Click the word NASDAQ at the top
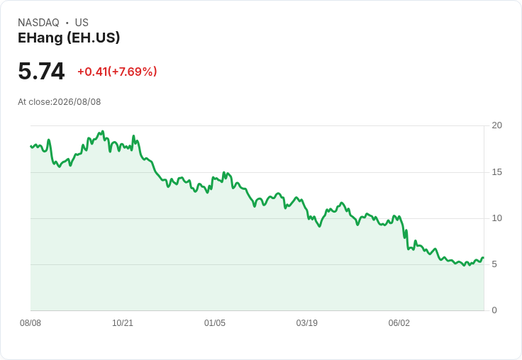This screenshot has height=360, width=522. [x=38, y=23]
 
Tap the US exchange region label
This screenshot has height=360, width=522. [x=82, y=23]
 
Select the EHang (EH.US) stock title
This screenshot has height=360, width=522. [x=69, y=38]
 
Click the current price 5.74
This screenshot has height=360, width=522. [x=41, y=71]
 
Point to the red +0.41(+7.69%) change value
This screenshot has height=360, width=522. [x=117, y=72]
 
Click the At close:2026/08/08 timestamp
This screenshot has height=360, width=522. [x=60, y=102]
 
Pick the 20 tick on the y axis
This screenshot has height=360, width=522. [x=497, y=125]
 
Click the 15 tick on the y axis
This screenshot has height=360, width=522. [x=497, y=172]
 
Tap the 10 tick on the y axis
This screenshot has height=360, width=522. [x=497, y=218]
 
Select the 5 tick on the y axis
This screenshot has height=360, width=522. [x=494, y=264]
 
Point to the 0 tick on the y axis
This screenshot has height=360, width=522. [x=494, y=310]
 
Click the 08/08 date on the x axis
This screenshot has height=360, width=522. [x=30, y=323]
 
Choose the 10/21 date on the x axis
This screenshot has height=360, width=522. [x=123, y=323]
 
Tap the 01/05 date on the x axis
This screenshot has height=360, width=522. [x=215, y=323]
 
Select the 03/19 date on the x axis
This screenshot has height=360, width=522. [x=307, y=323]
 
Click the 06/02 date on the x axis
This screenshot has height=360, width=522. [x=399, y=323]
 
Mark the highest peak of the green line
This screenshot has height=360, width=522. [x=103, y=131]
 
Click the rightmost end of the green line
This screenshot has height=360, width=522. [x=484, y=257]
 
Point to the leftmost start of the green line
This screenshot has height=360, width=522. [x=30, y=146]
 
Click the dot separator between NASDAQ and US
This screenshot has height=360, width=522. [x=67, y=23]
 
